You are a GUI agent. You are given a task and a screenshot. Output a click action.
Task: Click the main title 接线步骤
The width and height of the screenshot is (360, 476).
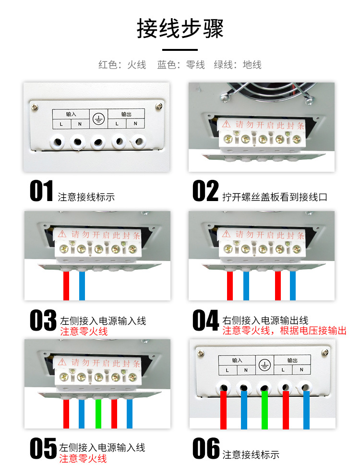point(180,28)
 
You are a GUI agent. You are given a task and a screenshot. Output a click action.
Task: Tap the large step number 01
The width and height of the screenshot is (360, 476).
point(42,190)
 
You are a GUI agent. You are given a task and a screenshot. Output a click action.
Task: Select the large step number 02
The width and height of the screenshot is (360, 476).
point(205,190)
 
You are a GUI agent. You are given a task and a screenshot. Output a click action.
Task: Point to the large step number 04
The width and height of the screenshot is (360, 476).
point(205,320)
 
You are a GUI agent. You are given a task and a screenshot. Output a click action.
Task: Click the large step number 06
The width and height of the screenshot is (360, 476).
point(206,448)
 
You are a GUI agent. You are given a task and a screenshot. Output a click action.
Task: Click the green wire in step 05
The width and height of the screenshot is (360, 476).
point(98,414)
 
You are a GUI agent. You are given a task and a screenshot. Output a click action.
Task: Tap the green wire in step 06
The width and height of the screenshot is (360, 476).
point(264,410)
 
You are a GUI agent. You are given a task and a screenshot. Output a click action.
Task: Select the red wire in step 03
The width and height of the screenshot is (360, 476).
point(66,286)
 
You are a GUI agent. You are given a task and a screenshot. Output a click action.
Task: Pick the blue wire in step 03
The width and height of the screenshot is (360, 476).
point(82,286)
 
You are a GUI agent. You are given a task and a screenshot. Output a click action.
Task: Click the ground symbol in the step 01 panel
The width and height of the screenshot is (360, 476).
point(98,119)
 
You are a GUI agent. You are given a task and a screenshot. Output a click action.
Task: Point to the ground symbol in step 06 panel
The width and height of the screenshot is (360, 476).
point(264,365)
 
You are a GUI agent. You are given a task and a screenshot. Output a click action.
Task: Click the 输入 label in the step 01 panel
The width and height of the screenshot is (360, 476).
point(71,114)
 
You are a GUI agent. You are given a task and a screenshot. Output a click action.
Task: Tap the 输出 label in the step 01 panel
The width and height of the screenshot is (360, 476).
point(126,114)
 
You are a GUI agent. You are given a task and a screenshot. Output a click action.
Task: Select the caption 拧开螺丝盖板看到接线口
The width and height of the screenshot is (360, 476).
point(275,197)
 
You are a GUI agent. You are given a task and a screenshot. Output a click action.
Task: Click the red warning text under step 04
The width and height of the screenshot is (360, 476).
point(284,331)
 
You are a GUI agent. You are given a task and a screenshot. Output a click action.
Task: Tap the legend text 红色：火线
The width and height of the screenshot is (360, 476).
point(122,65)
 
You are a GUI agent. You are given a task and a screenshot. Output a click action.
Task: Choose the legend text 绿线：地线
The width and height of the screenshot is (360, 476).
point(238,65)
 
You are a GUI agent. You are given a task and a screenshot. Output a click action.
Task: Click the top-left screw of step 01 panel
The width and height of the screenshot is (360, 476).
point(35,107)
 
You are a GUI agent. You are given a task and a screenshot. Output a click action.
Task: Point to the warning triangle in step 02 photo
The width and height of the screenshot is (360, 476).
point(226,124)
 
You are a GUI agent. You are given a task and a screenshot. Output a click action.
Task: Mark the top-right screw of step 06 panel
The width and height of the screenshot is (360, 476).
point(325,352)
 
